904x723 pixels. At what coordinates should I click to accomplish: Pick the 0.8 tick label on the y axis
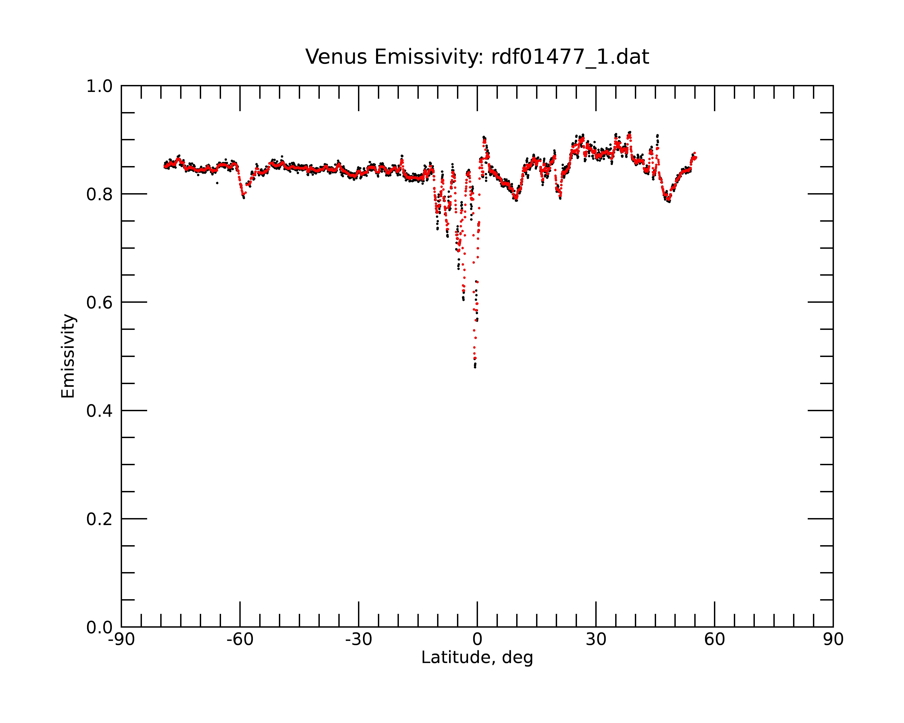point(99,195)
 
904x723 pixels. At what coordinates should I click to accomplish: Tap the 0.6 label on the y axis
point(99,303)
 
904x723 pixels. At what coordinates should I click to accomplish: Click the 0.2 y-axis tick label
point(99,519)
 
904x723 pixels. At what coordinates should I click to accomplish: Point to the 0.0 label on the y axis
point(99,627)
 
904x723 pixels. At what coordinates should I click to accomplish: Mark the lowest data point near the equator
point(475,367)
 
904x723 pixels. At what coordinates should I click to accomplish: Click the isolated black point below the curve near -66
point(217,183)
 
